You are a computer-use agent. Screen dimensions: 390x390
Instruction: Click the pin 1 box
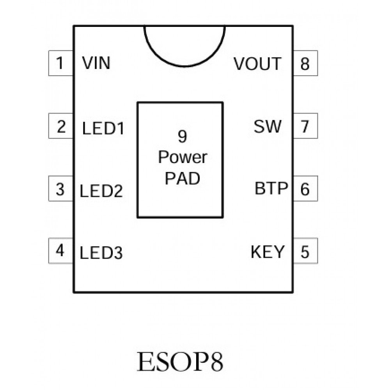pyautogui.click(x=60, y=63)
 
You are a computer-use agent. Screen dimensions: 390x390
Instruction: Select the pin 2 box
pyautogui.click(x=60, y=126)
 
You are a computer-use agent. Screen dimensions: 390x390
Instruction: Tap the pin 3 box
pyautogui.click(x=60, y=189)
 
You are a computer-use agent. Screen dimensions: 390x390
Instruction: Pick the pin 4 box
pyautogui.click(x=60, y=251)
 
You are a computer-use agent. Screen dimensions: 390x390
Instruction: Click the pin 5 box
pyautogui.click(x=305, y=252)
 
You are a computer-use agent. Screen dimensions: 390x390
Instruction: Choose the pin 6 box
pyautogui.click(x=305, y=189)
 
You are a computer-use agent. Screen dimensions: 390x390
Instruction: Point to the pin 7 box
pyautogui.click(x=305, y=126)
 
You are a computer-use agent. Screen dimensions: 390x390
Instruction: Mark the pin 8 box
pyautogui.click(x=305, y=63)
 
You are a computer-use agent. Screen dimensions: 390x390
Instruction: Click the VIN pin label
pyautogui.click(x=96, y=63)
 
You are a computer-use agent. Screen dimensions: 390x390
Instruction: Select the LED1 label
pyautogui.click(x=103, y=129)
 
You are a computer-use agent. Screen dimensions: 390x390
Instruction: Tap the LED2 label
pyautogui.click(x=101, y=191)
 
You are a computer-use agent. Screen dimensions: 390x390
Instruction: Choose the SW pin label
pyautogui.click(x=267, y=126)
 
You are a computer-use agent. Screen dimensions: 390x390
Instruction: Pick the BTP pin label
pyautogui.click(x=271, y=189)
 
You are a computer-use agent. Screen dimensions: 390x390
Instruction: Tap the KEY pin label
pyautogui.click(x=268, y=252)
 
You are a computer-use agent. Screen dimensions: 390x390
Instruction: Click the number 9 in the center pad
pyautogui.click(x=182, y=136)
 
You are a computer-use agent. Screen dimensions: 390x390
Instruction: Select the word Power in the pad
pyautogui.click(x=183, y=157)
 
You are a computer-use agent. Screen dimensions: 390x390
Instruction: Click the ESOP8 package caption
pyautogui.click(x=180, y=362)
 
